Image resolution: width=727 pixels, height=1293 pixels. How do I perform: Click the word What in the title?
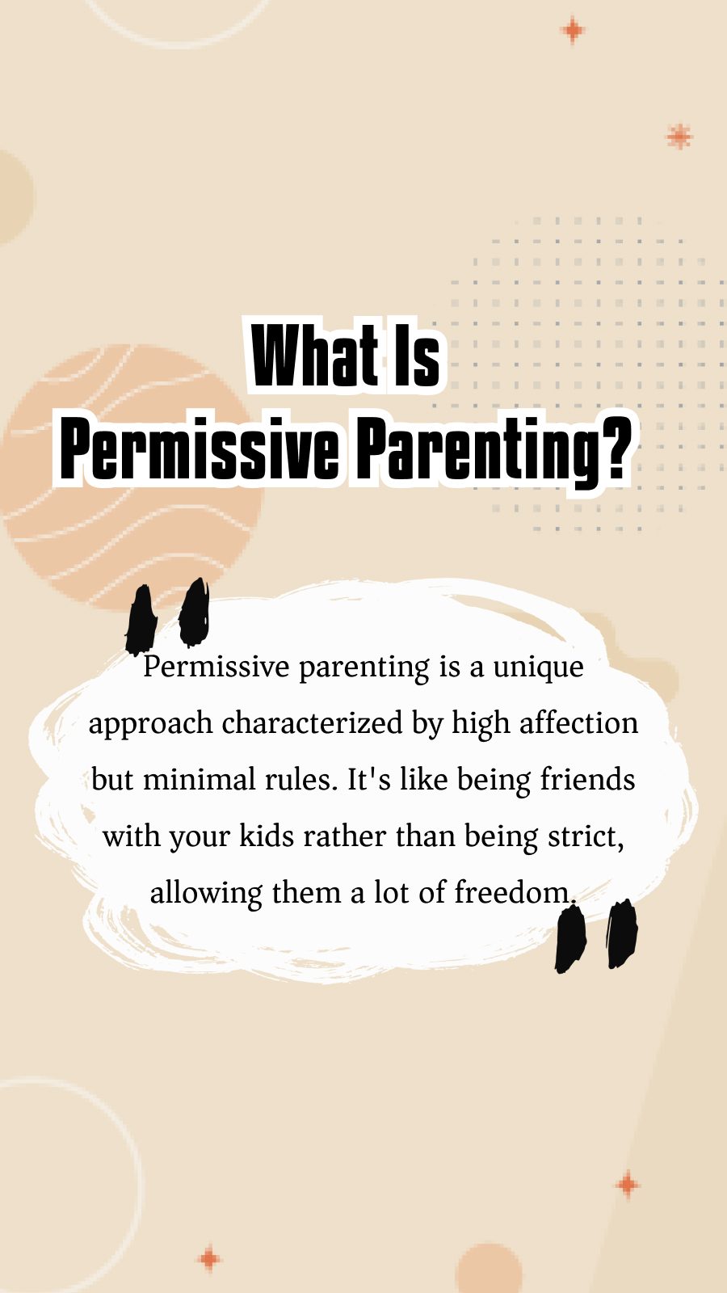(x=315, y=356)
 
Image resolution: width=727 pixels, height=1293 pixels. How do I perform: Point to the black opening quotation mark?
(x=168, y=616)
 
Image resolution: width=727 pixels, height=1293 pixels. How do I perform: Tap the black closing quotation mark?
(x=596, y=936)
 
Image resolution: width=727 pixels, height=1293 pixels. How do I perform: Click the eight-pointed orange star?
(x=679, y=137)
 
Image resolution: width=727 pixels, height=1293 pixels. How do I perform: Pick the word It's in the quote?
(x=368, y=780)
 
